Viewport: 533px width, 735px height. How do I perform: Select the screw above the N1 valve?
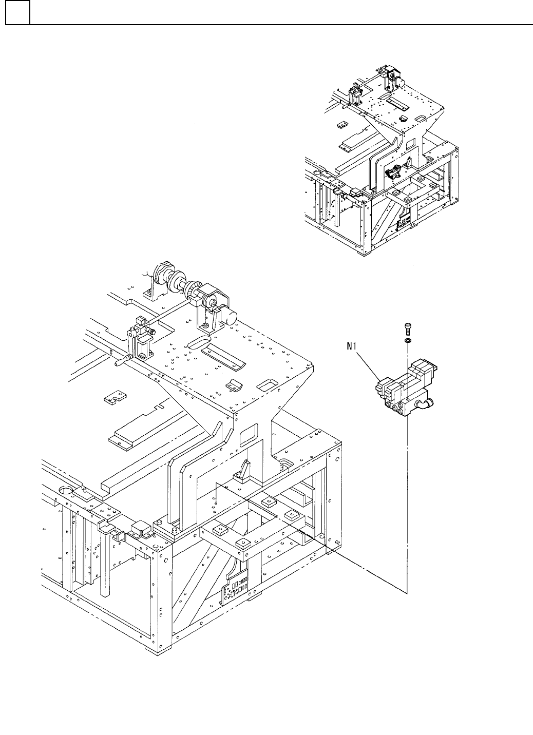coord(407,326)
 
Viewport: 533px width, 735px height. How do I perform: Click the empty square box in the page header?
coord(17,12)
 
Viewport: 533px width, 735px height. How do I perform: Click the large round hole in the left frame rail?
coord(66,490)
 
